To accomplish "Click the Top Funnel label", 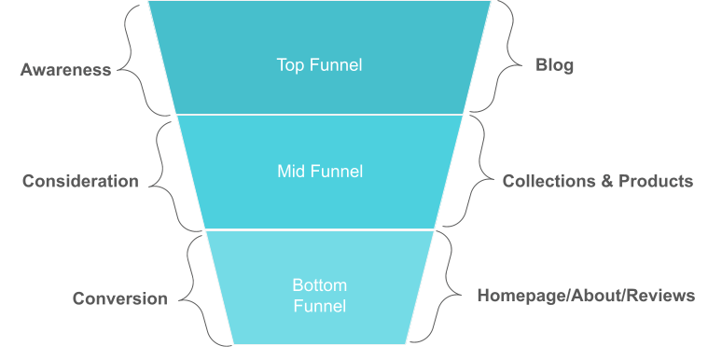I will click(319, 65).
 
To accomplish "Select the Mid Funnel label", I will click(320, 172).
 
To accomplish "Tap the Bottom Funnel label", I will click(319, 296).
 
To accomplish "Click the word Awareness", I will click(65, 70).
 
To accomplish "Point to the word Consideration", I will click(80, 181).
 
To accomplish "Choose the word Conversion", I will click(120, 299).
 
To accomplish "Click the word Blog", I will click(554, 65).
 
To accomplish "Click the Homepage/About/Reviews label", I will click(586, 297).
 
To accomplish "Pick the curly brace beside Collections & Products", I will click(476, 172).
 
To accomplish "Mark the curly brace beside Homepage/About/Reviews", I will click(448, 287).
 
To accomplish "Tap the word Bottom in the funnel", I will click(319, 285).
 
